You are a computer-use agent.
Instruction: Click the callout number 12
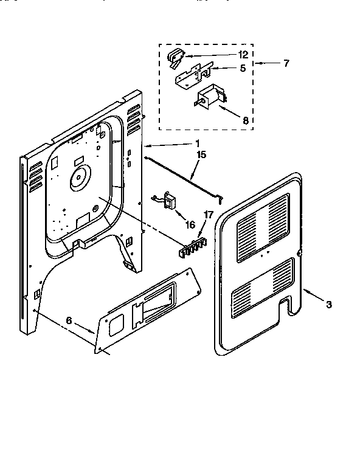coord(225,55)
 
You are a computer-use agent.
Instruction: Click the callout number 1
coord(197,144)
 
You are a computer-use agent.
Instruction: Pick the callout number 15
coord(201,155)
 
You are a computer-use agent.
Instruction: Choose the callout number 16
coord(190,224)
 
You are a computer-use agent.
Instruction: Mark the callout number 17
coord(208,214)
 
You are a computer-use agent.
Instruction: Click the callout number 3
coord(328,305)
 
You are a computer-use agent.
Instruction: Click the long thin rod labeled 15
coord(182,177)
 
